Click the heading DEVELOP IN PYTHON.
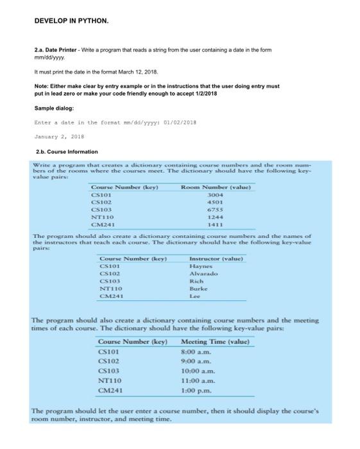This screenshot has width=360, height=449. pyautogui.click(x=72, y=21)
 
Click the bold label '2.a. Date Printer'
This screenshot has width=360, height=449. pyautogui.click(x=55, y=49)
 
